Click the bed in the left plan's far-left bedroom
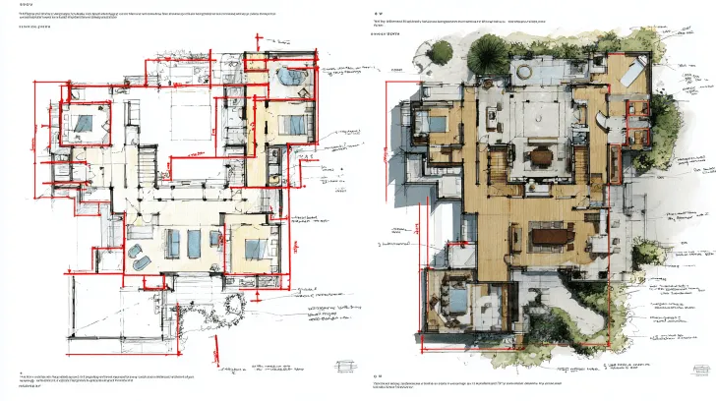[81, 124]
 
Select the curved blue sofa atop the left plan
[291, 76]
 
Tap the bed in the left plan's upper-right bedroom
[292, 124]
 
